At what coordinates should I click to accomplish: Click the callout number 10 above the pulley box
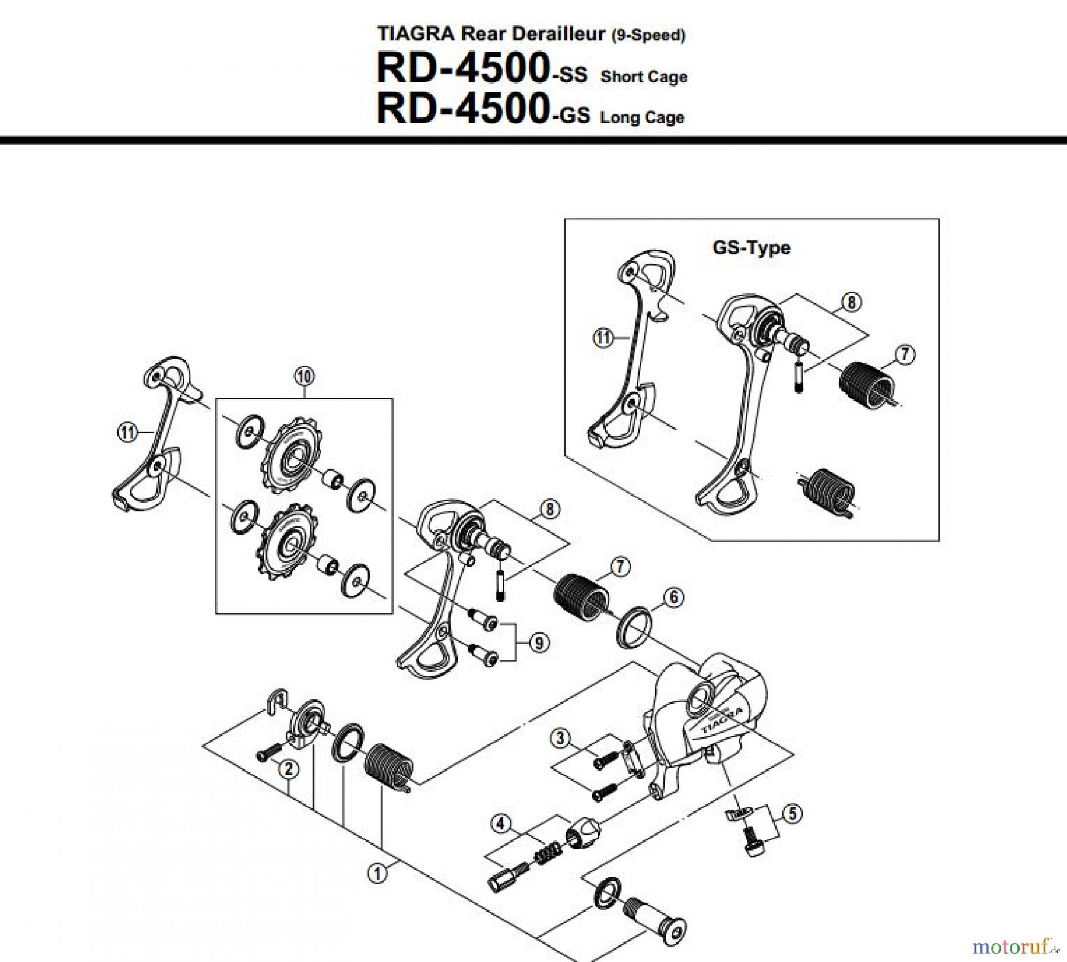[x=304, y=376]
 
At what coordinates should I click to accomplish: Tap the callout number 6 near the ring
[x=673, y=597]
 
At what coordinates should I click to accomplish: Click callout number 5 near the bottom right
[x=793, y=813]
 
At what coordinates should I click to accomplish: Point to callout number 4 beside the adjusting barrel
[x=501, y=823]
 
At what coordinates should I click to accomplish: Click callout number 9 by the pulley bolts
[x=538, y=643]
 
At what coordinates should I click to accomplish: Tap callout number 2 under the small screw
[x=289, y=769]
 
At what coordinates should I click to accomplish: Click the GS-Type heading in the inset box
[x=751, y=247]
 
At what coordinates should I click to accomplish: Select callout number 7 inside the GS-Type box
[x=905, y=354]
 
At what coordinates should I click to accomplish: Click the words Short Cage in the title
[x=644, y=77]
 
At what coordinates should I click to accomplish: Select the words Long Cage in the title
[x=642, y=117]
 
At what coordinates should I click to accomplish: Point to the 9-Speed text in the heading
[x=648, y=36]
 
